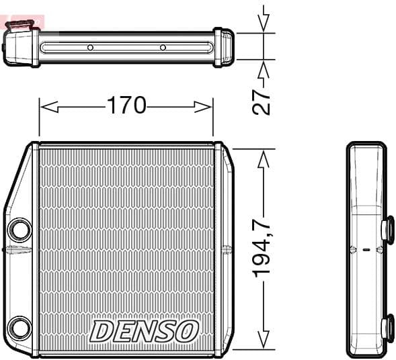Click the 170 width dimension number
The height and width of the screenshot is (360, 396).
click(126, 105)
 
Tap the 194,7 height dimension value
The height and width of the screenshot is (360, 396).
click(263, 242)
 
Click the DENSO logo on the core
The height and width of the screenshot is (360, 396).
click(145, 330)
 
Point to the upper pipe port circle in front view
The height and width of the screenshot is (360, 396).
click(20, 230)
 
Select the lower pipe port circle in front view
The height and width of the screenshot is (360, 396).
click(20, 328)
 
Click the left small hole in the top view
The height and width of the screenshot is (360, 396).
click(90, 48)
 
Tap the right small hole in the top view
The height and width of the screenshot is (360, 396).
click(163, 48)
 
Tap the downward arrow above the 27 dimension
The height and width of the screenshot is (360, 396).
click(264, 24)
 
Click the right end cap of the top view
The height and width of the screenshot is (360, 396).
click(224, 47)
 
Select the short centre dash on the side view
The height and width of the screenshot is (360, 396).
click(366, 250)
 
